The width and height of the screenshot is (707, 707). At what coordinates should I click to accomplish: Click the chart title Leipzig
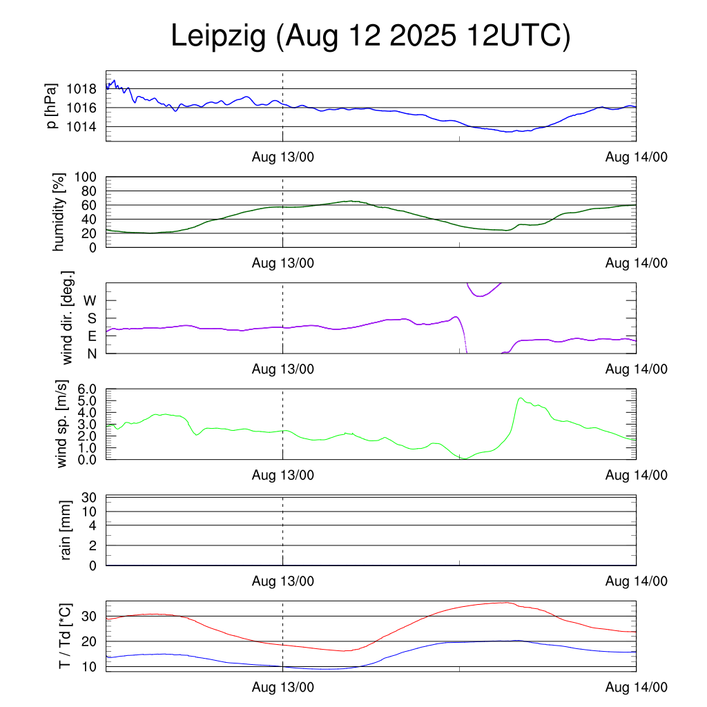pyautogui.click(x=370, y=37)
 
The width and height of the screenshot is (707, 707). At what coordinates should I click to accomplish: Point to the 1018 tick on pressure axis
pyautogui.click(x=86, y=89)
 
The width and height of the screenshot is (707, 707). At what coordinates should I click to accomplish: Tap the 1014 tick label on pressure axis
pyautogui.click(x=86, y=127)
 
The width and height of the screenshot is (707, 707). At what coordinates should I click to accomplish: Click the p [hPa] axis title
pyautogui.click(x=53, y=106)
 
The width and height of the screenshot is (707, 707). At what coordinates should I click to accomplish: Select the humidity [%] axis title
pyautogui.click(x=59, y=212)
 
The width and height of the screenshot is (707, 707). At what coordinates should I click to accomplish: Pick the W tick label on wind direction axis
pyautogui.click(x=90, y=301)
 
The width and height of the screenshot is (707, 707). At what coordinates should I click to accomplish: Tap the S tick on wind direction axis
pyautogui.click(x=91, y=318)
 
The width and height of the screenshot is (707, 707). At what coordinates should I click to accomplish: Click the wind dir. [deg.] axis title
pyautogui.click(x=67, y=318)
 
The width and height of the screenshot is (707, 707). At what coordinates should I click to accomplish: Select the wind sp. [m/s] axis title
pyautogui.click(x=62, y=424)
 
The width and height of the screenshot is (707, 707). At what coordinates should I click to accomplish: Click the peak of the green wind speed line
pyautogui.click(x=520, y=398)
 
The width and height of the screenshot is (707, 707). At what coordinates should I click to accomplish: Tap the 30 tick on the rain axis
pyautogui.click(x=90, y=497)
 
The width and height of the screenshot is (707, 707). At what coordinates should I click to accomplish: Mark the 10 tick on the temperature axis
pyautogui.click(x=90, y=667)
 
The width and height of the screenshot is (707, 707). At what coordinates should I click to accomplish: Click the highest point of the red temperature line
pyautogui.click(x=507, y=602)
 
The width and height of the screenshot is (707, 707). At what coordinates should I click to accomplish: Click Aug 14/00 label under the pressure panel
pyautogui.click(x=636, y=157)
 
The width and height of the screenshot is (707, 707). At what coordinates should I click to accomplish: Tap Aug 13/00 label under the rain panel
pyautogui.click(x=283, y=581)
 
